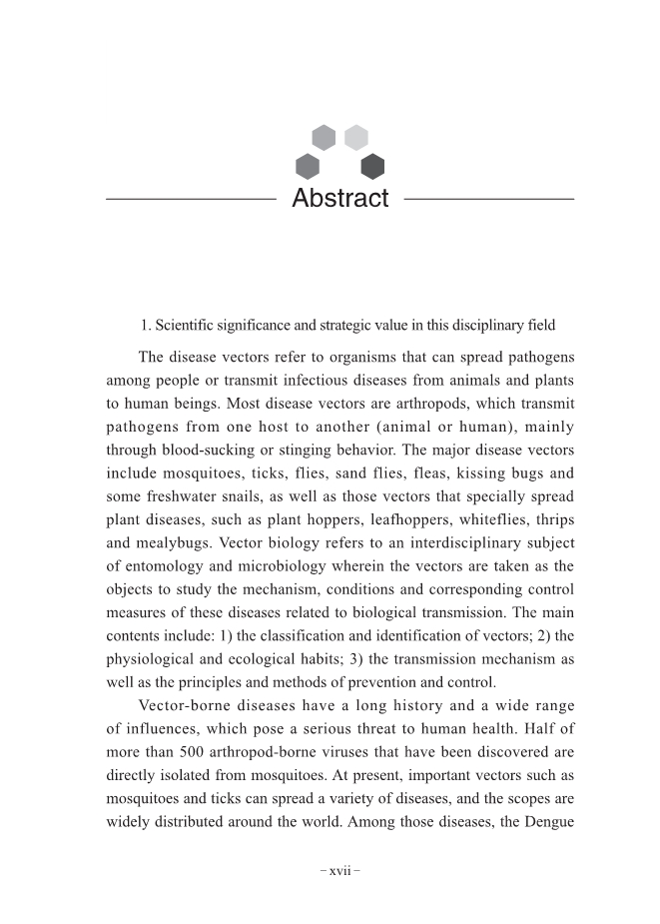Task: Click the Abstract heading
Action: pyautogui.click(x=339, y=198)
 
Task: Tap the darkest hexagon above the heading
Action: pyautogui.click(x=372, y=167)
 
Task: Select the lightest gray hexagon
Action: pyautogui.click(x=356, y=137)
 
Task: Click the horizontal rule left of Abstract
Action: pyautogui.click(x=190, y=199)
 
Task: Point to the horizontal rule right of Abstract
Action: pyautogui.click(x=488, y=199)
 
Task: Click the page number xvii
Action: pyautogui.click(x=339, y=870)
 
